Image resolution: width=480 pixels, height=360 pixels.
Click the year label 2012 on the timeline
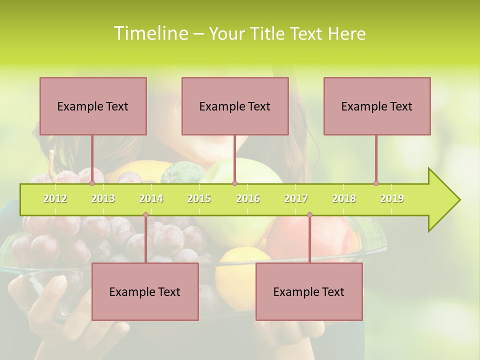(55, 198)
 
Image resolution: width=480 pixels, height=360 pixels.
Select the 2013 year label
(103, 198)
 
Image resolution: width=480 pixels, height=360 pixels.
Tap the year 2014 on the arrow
(151, 198)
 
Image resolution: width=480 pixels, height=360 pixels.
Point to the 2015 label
(199, 198)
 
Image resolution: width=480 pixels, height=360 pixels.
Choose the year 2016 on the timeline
(248, 198)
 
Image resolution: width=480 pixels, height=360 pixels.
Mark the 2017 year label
(296, 198)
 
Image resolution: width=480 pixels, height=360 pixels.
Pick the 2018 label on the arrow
(344, 198)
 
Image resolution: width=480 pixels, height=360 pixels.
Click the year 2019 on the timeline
(392, 198)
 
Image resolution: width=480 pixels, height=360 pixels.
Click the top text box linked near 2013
(93, 106)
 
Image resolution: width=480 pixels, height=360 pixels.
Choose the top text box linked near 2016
(235, 106)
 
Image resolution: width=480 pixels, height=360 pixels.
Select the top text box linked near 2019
(377, 106)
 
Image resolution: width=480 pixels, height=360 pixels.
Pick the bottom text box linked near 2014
(145, 291)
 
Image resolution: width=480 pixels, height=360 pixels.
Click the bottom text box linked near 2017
(309, 291)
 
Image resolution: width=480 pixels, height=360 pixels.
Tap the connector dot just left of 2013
(92, 183)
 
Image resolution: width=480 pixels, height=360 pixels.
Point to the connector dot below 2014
(145, 215)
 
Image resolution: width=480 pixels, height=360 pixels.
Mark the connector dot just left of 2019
(376, 183)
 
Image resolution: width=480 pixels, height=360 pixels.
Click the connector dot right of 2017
(309, 215)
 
